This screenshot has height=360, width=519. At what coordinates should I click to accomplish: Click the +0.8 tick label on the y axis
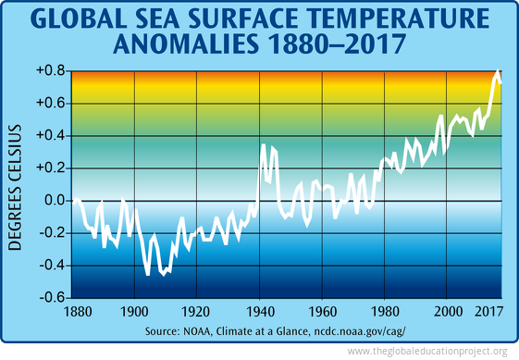click(x=50, y=70)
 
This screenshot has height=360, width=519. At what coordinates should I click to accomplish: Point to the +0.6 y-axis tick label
click(x=50, y=103)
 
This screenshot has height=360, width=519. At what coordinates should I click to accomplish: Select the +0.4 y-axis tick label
click(x=50, y=135)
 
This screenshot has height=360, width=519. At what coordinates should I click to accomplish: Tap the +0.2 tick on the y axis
click(x=50, y=168)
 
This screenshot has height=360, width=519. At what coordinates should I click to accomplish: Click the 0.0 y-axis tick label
click(x=53, y=200)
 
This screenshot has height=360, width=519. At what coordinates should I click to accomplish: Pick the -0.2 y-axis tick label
click(x=51, y=232)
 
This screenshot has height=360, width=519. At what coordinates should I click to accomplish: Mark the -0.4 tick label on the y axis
click(x=51, y=265)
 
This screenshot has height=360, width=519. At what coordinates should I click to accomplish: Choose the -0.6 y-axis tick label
click(x=51, y=298)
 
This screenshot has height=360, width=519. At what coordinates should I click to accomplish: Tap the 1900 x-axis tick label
click(x=135, y=312)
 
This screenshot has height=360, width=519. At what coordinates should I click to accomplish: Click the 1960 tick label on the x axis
click(x=324, y=312)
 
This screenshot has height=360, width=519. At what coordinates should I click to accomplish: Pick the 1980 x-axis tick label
click(x=386, y=312)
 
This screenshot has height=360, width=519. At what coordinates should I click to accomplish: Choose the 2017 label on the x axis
click(x=488, y=312)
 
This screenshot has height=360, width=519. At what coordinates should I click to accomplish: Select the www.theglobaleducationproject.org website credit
click(x=426, y=352)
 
